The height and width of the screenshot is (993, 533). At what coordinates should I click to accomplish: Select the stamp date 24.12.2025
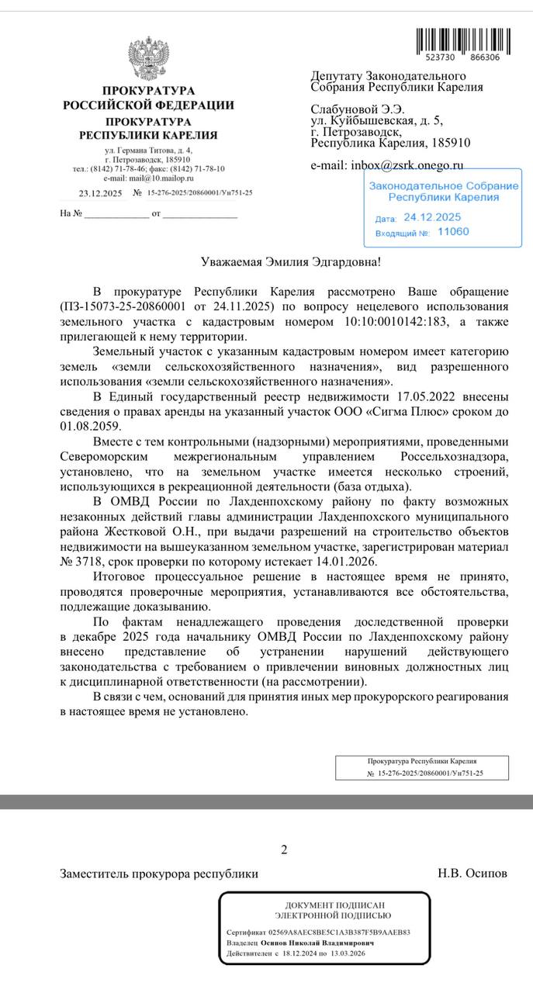(x=432, y=217)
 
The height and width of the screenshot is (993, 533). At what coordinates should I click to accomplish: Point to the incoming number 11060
(x=453, y=231)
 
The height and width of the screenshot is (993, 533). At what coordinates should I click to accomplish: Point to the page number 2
(x=284, y=849)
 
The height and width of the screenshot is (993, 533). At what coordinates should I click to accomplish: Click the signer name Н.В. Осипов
(x=472, y=874)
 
